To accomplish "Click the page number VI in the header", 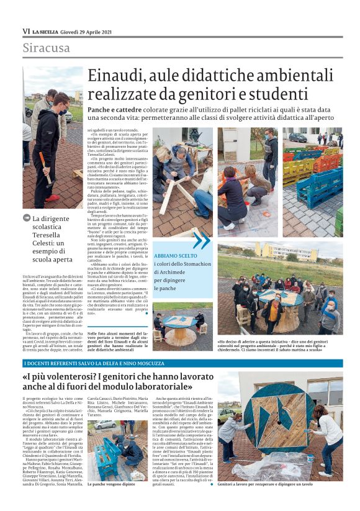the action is click(26, 31).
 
